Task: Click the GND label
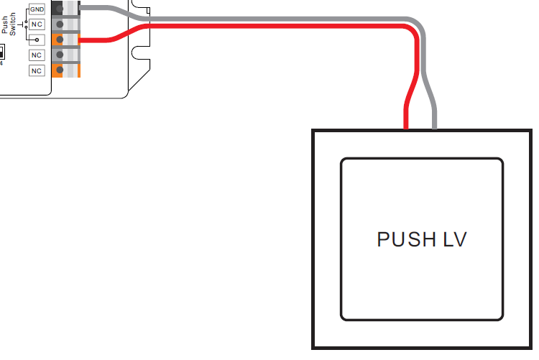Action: pos(37,9)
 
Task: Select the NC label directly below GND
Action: pos(37,24)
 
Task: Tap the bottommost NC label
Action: pos(37,70)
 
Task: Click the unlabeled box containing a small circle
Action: pos(37,39)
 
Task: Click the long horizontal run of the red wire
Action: pos(273,27)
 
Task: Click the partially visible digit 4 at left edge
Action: pos(1,61)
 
